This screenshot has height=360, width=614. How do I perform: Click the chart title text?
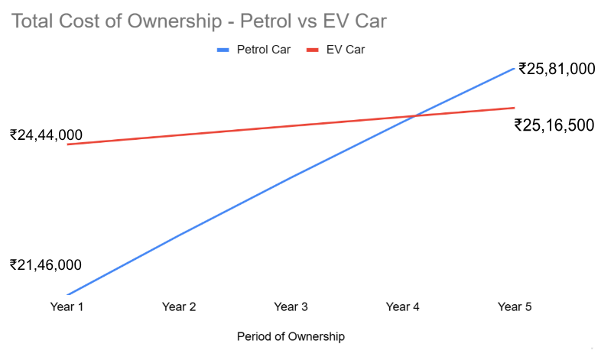tap(199, 21)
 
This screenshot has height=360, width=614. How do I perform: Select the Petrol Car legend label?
tap(263, 50)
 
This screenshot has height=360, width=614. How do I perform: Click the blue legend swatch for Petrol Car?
tap(223, 50)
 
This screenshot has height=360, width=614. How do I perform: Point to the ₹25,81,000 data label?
tap(557, 69)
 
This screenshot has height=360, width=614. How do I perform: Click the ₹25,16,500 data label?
tap(554, 125)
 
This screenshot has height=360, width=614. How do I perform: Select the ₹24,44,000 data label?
tap(46, 135)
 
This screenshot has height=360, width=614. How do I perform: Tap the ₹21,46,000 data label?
tap(46, 265)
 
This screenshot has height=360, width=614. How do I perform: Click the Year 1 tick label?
tap(67, 306)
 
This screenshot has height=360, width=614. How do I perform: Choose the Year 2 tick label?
tap(179, 306)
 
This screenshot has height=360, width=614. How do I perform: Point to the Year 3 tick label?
tap(291, 306)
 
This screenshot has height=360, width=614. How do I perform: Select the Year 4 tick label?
tap(403, 306)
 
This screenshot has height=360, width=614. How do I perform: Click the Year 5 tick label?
tap(515, 306)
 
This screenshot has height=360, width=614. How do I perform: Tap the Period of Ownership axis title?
tap(291, 336)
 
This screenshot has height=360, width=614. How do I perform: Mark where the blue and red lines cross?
tap(414, 116)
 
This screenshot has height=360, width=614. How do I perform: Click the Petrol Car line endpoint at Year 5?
tap(515, 68)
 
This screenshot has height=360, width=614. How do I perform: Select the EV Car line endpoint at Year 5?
tap(515, 108)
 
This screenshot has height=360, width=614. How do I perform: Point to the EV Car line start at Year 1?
tap(67, 144)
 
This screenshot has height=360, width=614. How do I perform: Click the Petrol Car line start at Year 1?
tap(67, 294)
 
